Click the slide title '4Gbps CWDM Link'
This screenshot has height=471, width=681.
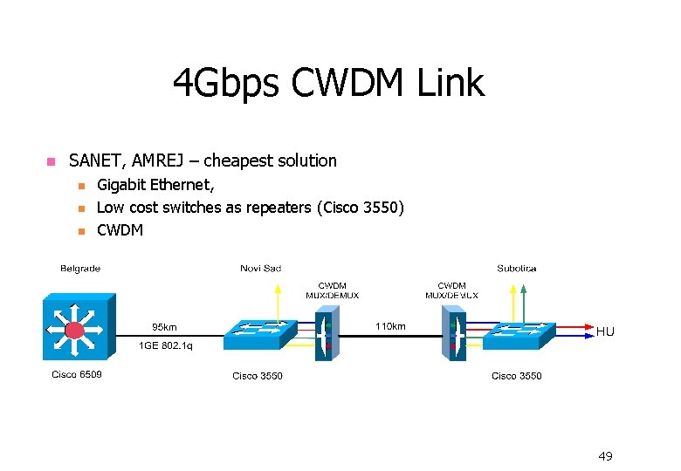coord(327,84)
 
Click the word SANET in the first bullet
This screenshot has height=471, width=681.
coord(96,160)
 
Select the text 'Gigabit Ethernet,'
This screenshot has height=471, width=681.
coord(155,184)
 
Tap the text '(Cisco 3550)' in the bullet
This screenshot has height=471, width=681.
coord(360,208)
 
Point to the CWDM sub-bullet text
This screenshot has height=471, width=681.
coord(120,230)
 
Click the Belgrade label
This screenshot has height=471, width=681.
coord(80,269)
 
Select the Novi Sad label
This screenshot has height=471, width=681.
coord(260,269)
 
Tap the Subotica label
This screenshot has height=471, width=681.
coord(517,269)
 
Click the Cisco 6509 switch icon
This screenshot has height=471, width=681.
coord(77,328)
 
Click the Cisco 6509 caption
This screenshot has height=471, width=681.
coord(77,376)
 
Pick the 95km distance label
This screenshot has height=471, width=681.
coord(164,327)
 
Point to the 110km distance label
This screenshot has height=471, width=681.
coord(390,327)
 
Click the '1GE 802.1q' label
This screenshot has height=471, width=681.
coord(166,346)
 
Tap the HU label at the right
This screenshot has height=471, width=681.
coord(605,331)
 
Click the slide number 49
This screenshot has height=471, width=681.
coord(605,456)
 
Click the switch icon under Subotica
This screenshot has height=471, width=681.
coord(519,335)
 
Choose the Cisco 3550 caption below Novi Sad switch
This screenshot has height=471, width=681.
coord(258,376)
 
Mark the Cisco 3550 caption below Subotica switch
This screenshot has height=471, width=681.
coord(516,376)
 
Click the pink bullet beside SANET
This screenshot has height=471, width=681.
coord(50,161)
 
